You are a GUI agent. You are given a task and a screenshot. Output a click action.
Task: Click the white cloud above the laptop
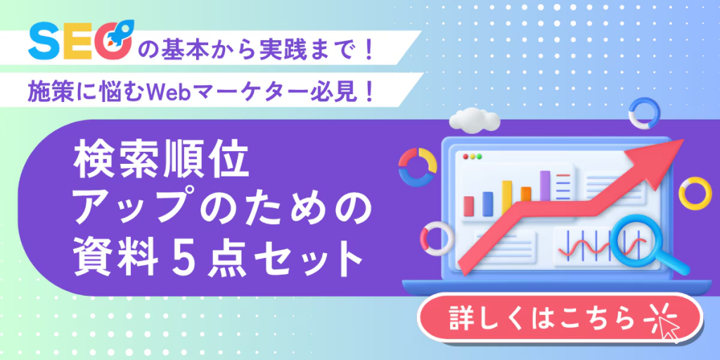pyautogui.click(x=475, y=118)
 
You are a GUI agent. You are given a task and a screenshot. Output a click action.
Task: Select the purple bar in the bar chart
pyautogui.click(x=545, y=186)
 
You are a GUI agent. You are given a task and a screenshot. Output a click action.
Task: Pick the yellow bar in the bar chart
pyautogui.click(x=507, y=197)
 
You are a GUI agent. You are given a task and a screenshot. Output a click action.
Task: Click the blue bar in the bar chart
pyautogui.click(x=488, y=203)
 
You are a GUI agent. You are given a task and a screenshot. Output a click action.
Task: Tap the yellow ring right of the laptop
pyautogui.click(x=695, y=193)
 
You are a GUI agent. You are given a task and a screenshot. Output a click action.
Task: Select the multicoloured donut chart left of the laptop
pyautogui.click(x=418, y=167)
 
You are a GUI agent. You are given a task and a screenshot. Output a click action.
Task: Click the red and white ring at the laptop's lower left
pyautogui.click(x=434, y=238)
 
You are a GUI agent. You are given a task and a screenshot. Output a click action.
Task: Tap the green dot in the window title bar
pyautogui.click(x=479, y=157)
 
